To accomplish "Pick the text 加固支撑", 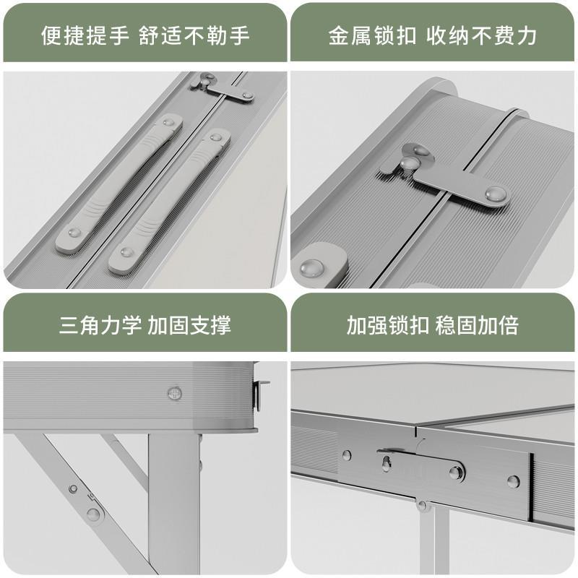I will pos(189,325).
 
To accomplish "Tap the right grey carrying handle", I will pos(170,201).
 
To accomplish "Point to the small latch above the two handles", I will pos(223,87).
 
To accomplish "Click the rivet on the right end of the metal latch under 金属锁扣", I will pos(496,194).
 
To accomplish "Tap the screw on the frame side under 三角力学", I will pos(174,393).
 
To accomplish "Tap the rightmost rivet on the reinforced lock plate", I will pos(513,480).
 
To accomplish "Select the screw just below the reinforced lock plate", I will pos(421,505).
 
